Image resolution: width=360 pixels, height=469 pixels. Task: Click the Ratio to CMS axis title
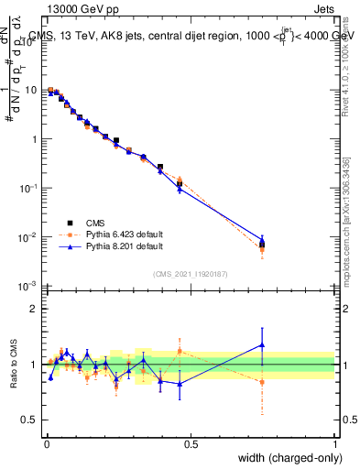[x=16, y=364]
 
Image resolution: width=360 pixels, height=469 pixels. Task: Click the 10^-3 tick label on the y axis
[x=28, y=286]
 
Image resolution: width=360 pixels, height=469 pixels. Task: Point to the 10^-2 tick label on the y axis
[x=28, y=237]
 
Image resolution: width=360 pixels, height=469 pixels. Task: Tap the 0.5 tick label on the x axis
[x=191, y=443]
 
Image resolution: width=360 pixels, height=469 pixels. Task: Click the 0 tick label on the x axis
[x=46, y=443]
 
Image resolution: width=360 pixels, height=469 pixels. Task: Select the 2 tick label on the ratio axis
[x=36, y=310]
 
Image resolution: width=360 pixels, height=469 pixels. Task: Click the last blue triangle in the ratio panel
[x=262, y=345]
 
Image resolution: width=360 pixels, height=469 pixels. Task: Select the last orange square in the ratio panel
[x=262, y=382]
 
